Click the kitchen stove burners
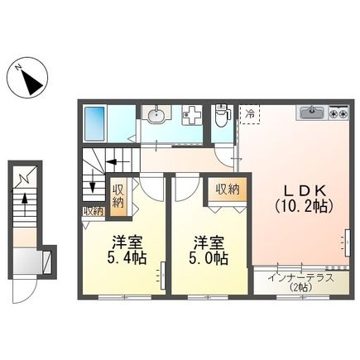pyautogui.click(x=337, y=112)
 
